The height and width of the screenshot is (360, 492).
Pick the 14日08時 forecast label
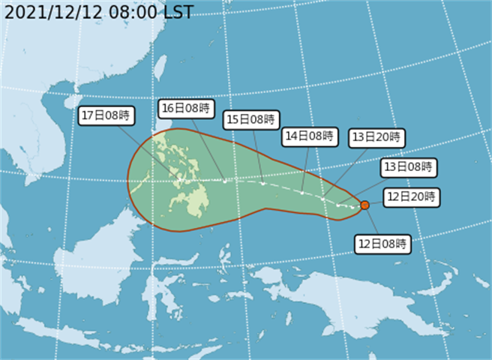308,136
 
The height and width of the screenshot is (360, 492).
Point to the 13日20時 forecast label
376,137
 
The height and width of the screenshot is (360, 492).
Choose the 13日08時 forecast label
407,166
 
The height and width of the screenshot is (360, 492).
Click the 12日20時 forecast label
411,197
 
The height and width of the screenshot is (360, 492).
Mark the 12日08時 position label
382,243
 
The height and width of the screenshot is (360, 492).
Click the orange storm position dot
364,205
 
